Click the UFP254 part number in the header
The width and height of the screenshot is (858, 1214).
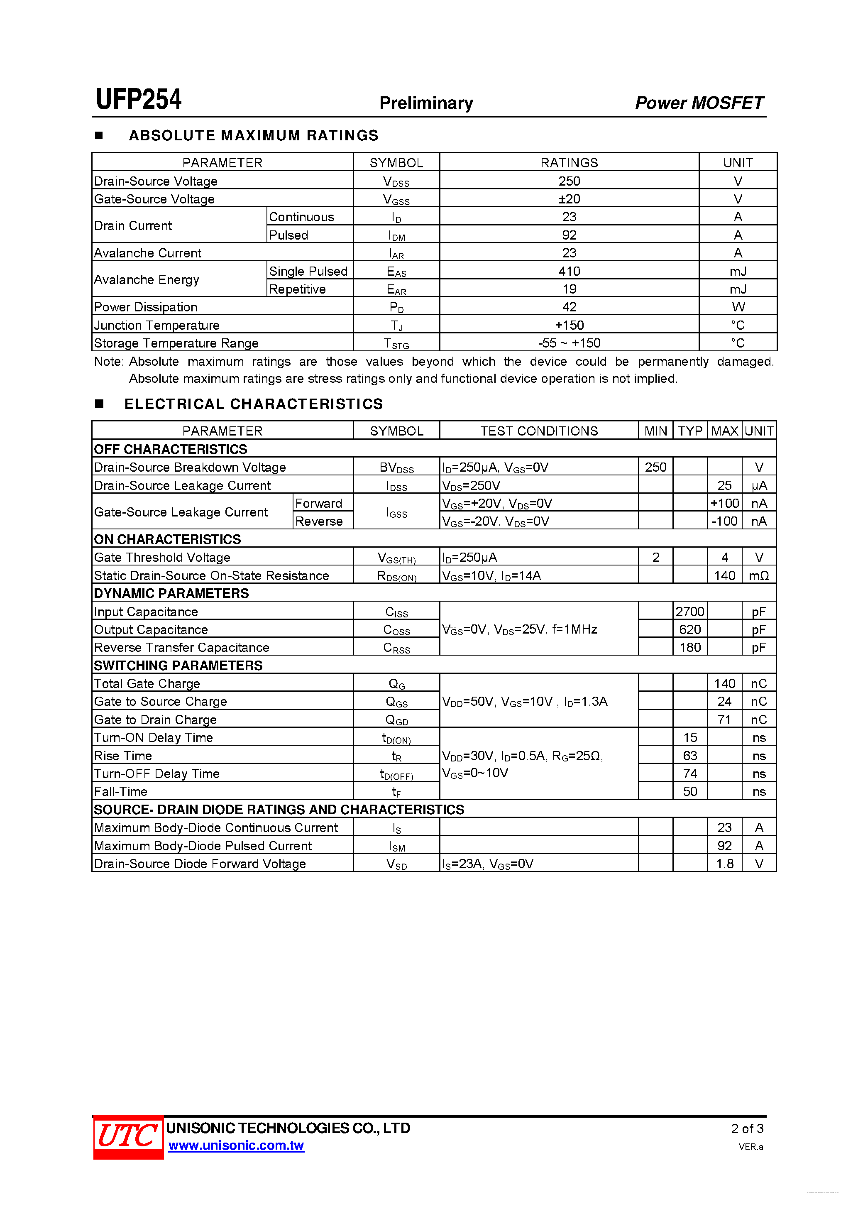[139, 99]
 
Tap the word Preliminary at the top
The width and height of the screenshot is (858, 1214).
[426, 103]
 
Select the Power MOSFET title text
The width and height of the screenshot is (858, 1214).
[699, 103]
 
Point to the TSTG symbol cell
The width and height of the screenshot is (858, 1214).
[396, 344]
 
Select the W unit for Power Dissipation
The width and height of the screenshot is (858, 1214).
[738, 307]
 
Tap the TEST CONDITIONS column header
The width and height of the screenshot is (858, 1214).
[539, 431]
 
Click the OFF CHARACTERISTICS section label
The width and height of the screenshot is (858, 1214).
[170, 449]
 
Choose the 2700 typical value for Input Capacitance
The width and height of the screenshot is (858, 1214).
[689, 612]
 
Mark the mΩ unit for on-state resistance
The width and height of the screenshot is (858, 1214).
[759, 576]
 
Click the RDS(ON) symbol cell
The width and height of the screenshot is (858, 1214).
[396, 576]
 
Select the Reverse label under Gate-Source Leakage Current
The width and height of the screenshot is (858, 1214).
[319, 521]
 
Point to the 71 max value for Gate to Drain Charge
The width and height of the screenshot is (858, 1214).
[724, 720]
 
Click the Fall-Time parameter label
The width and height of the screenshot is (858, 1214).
[120, 791]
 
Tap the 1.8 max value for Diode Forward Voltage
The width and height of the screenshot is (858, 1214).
[724, 864]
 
